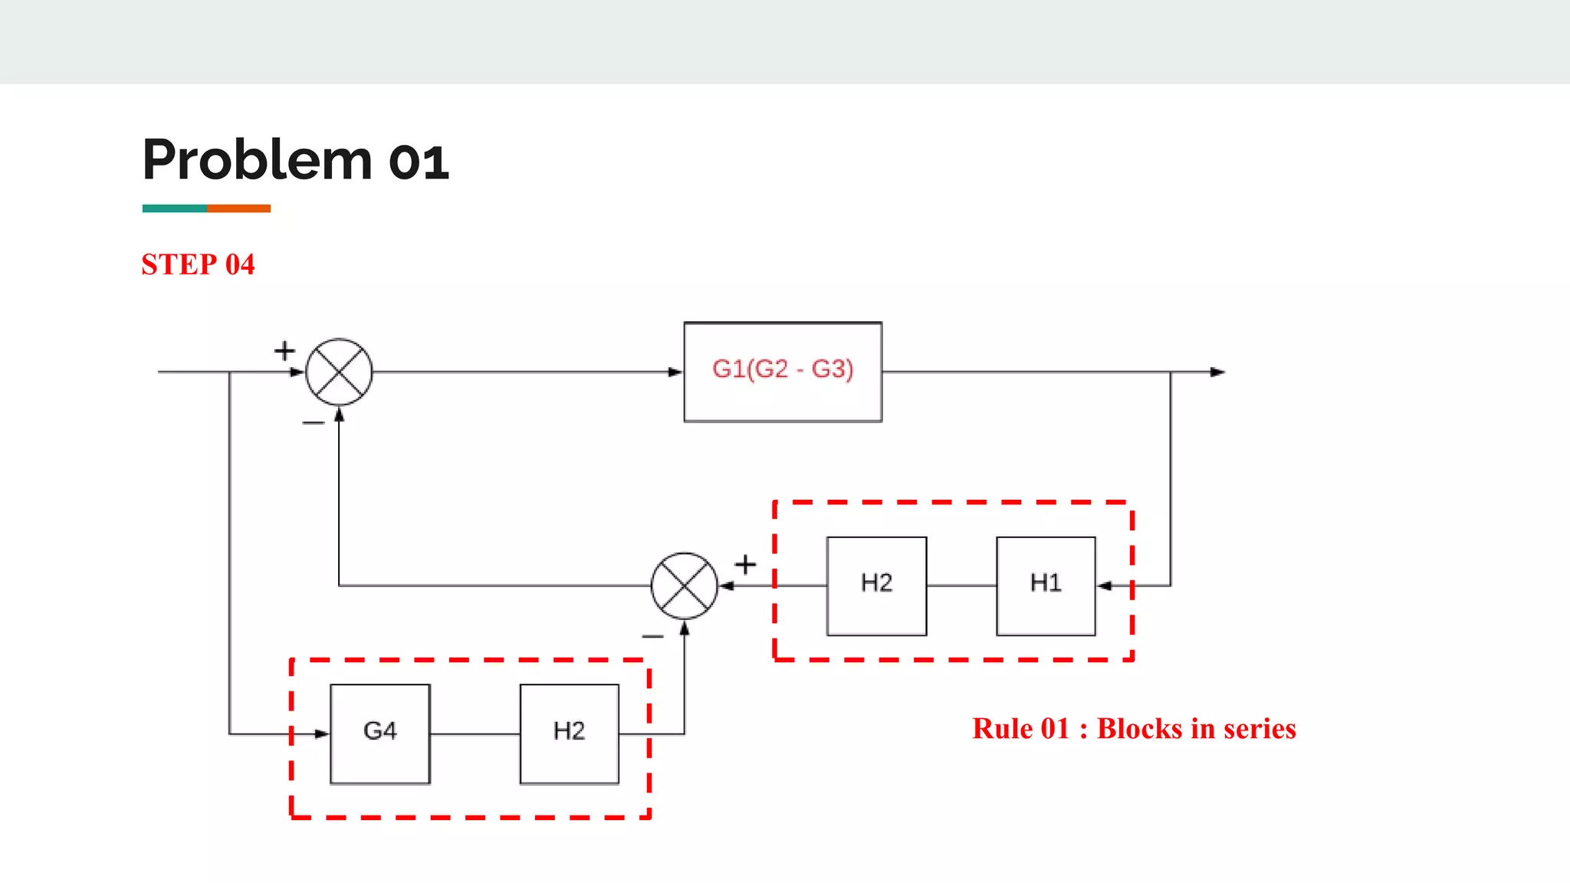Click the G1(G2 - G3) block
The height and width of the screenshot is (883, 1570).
783,372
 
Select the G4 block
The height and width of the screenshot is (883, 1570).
380,734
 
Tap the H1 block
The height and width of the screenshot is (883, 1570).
1046,586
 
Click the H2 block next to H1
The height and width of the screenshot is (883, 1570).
876,586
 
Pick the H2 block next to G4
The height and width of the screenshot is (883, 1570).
569,734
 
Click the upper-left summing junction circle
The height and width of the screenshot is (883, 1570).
339,372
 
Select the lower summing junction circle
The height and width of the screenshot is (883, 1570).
684,586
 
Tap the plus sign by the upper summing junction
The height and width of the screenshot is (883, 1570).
284,351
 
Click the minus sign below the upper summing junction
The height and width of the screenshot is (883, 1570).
313,422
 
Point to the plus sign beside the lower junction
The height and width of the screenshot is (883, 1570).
745,565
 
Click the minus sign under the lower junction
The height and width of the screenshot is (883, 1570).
652,636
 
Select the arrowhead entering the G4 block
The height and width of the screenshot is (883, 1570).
322,734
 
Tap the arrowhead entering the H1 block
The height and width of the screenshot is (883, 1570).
1105,586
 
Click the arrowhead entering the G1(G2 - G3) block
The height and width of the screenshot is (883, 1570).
675,372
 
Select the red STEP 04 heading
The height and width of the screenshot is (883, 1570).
198,264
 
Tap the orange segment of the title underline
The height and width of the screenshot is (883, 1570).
238,208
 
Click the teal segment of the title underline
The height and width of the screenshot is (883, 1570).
174,208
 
